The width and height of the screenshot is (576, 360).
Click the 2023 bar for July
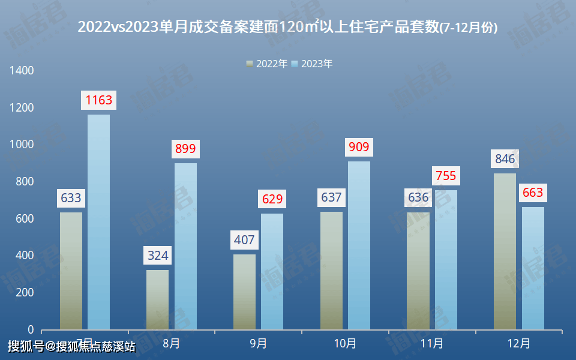[x=98, y=222]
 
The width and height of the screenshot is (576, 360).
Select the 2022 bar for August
[x=157, y=299]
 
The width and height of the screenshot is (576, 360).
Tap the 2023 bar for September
[x=272, y=271]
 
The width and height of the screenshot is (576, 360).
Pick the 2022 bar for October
[x=331, y=271]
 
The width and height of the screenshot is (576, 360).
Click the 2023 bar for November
[x=446, y=260]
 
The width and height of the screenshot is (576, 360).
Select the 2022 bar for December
[x=505, y=251]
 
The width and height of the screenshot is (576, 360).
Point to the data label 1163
[x=99, y=100]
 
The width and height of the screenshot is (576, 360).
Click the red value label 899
[x=185, y=149]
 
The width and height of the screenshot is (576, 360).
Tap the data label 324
[x=157, y=256]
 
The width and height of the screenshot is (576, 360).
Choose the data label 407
[x=244, y=241]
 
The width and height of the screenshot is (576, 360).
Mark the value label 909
[x=359, y=147]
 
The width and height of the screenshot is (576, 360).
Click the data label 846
[x=505, y=159]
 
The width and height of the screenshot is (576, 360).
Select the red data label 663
[x=533, y=193]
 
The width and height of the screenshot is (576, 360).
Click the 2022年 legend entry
[x=267, y=64]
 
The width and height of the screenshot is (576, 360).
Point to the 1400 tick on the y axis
[x=22, y=71]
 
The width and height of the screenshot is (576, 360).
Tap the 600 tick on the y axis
[x=25, y=219]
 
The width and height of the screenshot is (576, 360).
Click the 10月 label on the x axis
[x=345, y=344]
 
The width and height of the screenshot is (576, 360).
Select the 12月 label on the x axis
[x=518, y=344]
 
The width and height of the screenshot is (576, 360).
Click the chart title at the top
[x=288, y=26]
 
